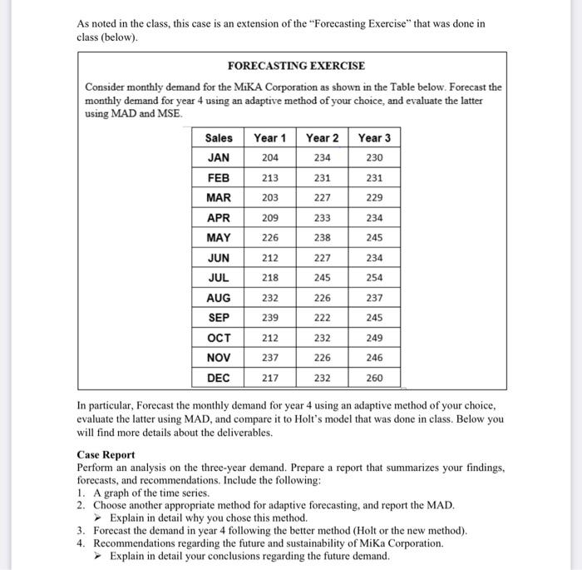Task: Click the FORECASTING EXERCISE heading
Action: pos(296,65)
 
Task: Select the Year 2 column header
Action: pos(323,137)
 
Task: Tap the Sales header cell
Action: pos(219,137)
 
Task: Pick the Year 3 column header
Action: pos(374,137)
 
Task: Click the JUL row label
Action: pos(219,277)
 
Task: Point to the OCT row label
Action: pos(219,337)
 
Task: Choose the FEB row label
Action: pos(219,177)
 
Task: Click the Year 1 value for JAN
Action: pos(270,157)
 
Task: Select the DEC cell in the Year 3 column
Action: pos(374,377)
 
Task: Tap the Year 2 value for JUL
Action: pos(323,277)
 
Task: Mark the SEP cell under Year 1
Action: pos(270,317)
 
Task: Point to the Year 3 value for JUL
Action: pos(374,277)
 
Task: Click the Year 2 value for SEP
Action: pos(323,317)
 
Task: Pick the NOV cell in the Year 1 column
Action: pos(270,357)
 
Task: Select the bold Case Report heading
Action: pos(106,455)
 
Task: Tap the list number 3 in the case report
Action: pos(80,530)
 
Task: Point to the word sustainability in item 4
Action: pos(329,543)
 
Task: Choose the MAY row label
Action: pos(219,237)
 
